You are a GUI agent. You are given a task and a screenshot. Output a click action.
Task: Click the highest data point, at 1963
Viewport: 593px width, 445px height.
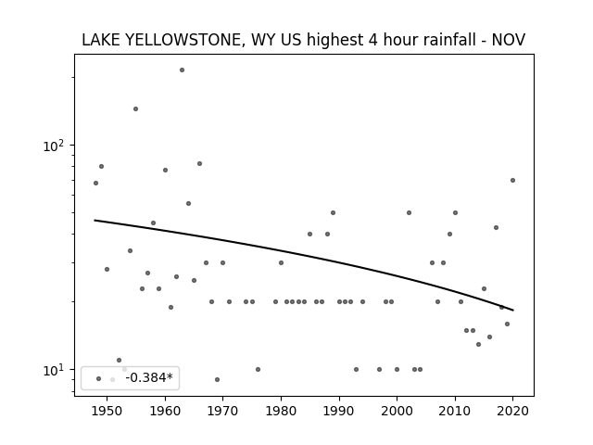tap(182, 70)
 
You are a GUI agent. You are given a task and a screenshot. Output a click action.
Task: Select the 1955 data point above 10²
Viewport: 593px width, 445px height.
tap(136, 109)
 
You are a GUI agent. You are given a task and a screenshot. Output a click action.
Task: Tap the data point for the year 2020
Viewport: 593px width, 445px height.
tap(512, 181)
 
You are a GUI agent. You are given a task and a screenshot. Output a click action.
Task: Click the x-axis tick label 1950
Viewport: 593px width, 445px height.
tap(107, 411)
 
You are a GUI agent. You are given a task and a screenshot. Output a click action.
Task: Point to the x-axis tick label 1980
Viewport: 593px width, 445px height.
tap(281, 411)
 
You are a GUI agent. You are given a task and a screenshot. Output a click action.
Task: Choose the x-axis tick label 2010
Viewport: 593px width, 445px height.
tap(455, 411)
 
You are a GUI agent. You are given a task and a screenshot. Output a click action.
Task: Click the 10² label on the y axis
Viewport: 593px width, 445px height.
tap(55, 146)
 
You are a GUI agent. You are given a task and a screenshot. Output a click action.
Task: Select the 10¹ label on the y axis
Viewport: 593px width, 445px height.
tap(55, 370)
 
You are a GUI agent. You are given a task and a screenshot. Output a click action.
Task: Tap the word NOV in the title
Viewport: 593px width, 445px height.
tap(509, 40)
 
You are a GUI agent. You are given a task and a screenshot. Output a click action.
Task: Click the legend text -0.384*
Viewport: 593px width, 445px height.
tap(149, 377)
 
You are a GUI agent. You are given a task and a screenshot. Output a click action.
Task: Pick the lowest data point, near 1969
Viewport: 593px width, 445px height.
tap(217, 379)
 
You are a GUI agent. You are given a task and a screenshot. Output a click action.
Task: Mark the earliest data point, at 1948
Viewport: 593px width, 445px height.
tap(95, 184)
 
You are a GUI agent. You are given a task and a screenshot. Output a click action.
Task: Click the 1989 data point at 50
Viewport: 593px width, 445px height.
tap(334, 212)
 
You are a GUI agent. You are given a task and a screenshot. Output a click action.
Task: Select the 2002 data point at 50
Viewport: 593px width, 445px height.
tap(409, 212)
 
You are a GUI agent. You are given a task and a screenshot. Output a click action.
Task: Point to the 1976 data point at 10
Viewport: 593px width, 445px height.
tap(258, 369)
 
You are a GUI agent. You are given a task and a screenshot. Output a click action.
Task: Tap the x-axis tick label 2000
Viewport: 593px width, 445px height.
tap(397, 411)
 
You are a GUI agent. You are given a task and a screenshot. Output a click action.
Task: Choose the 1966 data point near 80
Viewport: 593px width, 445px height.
tap(200, 164)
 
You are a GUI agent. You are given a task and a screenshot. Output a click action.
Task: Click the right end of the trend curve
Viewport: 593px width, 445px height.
tap(513, 311)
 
